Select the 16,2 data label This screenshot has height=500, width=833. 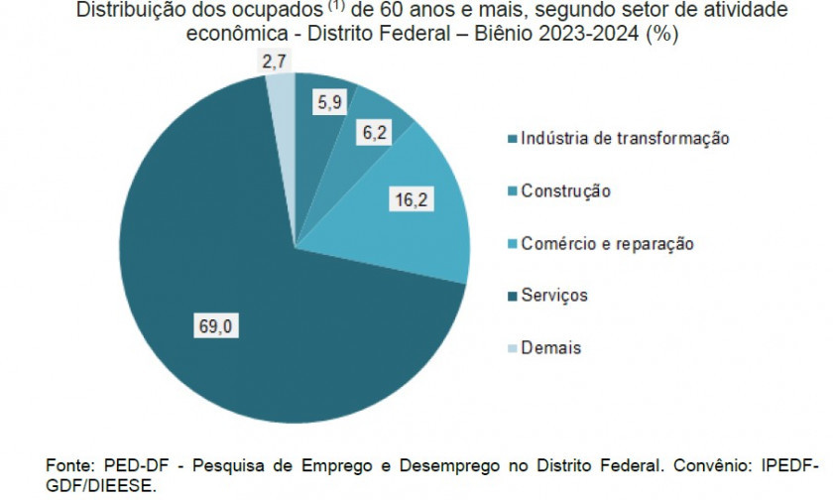(x=411, y=200)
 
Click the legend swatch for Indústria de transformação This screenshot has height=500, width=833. (x=513, y=139)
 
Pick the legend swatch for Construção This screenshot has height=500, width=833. (x=513, y=191)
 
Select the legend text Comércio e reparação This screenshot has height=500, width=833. (x=607, y=243)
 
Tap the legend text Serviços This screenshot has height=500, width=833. (x=554, y=296)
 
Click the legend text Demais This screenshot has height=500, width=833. (x=550, y=348)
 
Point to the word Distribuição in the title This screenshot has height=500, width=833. (x=124, y=11)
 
